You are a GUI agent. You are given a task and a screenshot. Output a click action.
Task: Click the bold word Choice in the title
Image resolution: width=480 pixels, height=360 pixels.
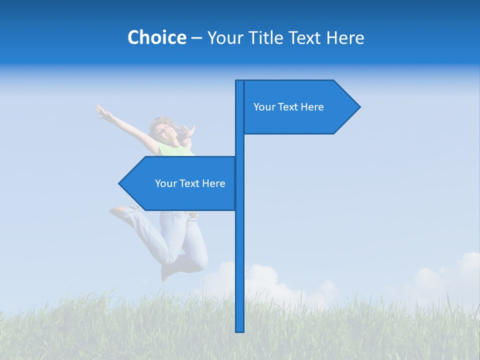pyautogui.click(x=156, y=37)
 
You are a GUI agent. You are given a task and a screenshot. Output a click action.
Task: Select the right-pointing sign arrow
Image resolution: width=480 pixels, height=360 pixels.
pyautogui.click(x=300, y=107)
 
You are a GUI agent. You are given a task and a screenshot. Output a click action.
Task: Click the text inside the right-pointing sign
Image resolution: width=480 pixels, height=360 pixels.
pyautogui.click(x=288, y=107)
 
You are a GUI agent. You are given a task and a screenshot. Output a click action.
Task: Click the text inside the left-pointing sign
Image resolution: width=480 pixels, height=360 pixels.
pyautogui.click(x=190, y=183)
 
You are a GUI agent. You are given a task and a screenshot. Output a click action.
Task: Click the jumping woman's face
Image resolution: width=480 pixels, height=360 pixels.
pyautogui.click(x=165, y=131)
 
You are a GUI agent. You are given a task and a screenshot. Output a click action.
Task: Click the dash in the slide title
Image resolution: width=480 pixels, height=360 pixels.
pyautogui.click(x=196, y=38)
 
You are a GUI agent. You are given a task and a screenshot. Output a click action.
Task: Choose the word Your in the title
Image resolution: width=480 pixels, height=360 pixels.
pyautogui.click(x=224, y=37)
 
